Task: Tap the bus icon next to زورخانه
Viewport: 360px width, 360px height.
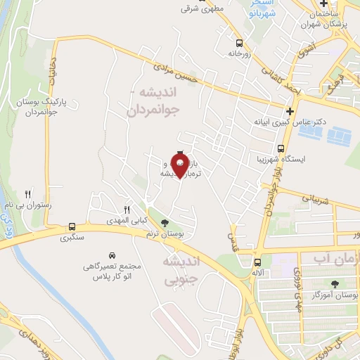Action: pyautogui.click(x=240, y=42)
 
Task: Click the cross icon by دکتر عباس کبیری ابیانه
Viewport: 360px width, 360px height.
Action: pyautogui.click(x=290, y=111)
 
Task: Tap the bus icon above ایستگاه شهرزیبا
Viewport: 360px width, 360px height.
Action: pyautogui.click(x=281, y=149)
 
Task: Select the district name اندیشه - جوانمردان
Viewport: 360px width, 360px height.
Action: pyautogui.click(x=155, y=102)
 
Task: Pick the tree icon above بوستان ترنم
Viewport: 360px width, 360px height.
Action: pyautogui.click(x=165, y=224)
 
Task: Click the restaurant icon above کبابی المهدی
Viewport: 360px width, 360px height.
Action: pyautogui.click(x=127, y=209)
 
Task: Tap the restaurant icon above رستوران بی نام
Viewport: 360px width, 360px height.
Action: pyautogui.click(x=28, y=193)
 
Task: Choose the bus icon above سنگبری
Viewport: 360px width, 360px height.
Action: pyautogui.click(x=72, y=226)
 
